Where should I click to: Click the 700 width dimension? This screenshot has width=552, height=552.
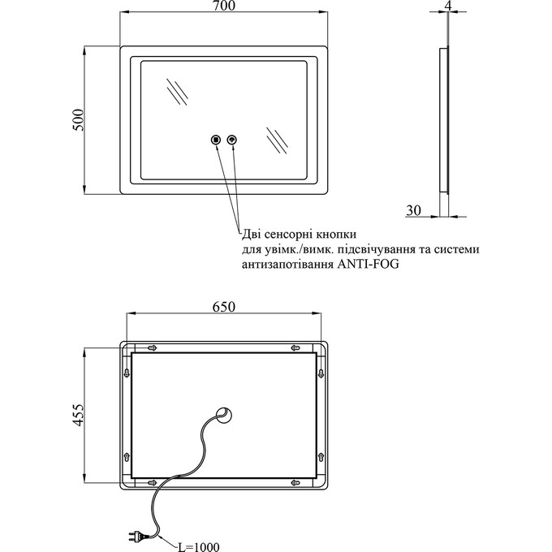coord(224,6)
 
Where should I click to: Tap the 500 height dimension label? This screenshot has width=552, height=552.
coord(79,120)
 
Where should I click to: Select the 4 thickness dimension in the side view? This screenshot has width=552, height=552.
coord(448,5)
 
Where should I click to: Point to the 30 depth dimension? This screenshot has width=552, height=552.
coord(413,210)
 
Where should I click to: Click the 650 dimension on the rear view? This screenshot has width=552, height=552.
coord(224,307)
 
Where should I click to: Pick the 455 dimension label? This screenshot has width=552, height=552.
coord(79,415)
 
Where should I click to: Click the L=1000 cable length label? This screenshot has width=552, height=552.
coord(198,546)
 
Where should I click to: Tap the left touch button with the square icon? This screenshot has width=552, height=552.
coord(215,140)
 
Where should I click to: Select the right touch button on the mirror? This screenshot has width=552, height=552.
coord(232,140)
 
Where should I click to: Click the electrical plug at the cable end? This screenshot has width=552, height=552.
coord(136,536)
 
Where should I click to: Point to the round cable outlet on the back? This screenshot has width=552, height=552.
coord(224,415)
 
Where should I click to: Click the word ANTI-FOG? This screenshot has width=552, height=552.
coord(369,264)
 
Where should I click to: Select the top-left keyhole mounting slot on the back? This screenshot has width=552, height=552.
coord(152,347)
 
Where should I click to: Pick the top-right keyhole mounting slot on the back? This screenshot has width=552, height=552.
coord(295,347)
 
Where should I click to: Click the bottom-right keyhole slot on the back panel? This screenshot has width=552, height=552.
coord(295,482)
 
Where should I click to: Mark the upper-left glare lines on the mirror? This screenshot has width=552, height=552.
coord(178,91)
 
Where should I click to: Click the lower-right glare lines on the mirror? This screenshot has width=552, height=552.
coord(277,140)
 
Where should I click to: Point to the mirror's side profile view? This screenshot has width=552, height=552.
coord(444,119)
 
